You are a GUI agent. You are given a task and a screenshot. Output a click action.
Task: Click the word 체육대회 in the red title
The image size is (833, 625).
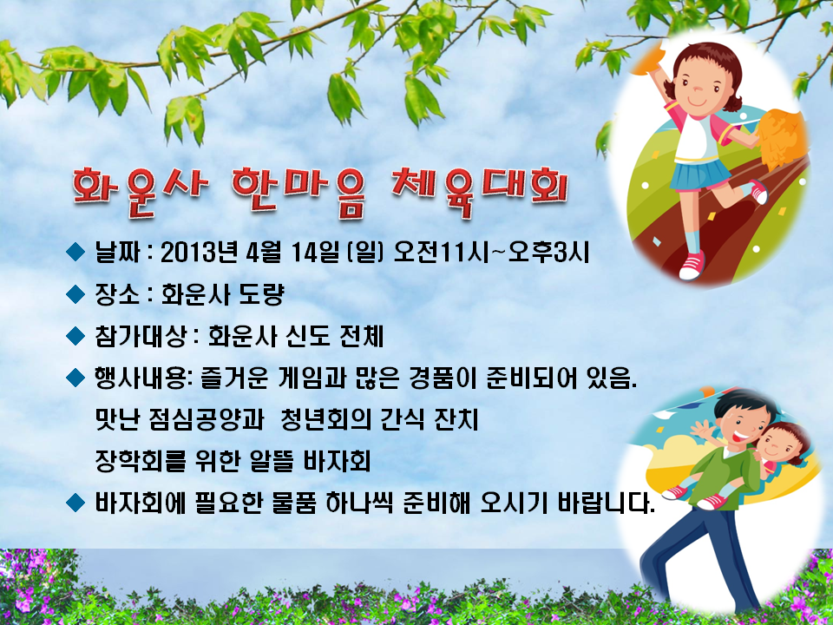click(479, 192)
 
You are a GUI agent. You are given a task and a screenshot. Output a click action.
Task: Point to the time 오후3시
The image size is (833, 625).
click(548, 253)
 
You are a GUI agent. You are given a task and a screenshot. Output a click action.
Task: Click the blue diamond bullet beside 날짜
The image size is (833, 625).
click(75, 252)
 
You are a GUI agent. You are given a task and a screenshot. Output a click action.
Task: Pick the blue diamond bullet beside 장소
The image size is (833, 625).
click(75, 294)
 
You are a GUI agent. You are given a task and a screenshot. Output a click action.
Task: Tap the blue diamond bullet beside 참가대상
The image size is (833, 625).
click(75, 335)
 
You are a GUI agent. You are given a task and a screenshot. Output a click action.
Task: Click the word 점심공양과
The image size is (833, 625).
click(212, 420)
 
